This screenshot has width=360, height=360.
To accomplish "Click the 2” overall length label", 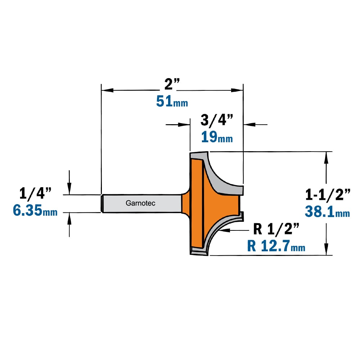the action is (x=172, y=84).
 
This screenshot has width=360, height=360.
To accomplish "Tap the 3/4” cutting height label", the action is (x=217, y=120).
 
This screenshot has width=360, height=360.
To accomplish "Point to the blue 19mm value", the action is (x=217, y=137).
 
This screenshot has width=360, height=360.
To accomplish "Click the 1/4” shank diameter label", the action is (x=35, y=193).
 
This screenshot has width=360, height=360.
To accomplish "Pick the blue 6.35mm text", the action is (x=35, y=210).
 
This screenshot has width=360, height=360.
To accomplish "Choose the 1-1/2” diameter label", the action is (x=328, y=194).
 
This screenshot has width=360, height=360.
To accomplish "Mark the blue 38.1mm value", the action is (x=327, y=211).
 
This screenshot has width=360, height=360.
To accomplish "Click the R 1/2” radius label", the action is (x=276, y=229).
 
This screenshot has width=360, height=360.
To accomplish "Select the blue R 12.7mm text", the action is (x=276, y=246).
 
